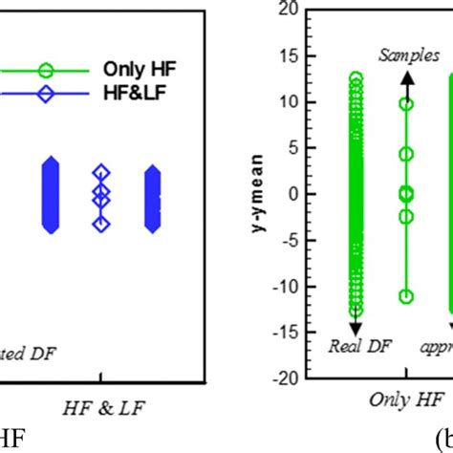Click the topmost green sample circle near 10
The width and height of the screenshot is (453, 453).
[x=406, y=103]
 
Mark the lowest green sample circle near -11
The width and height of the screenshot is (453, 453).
[x=406, y=296]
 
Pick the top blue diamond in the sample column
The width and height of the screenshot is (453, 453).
[x=101, y=172]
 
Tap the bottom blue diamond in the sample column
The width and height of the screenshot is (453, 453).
[x=101, y=224]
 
